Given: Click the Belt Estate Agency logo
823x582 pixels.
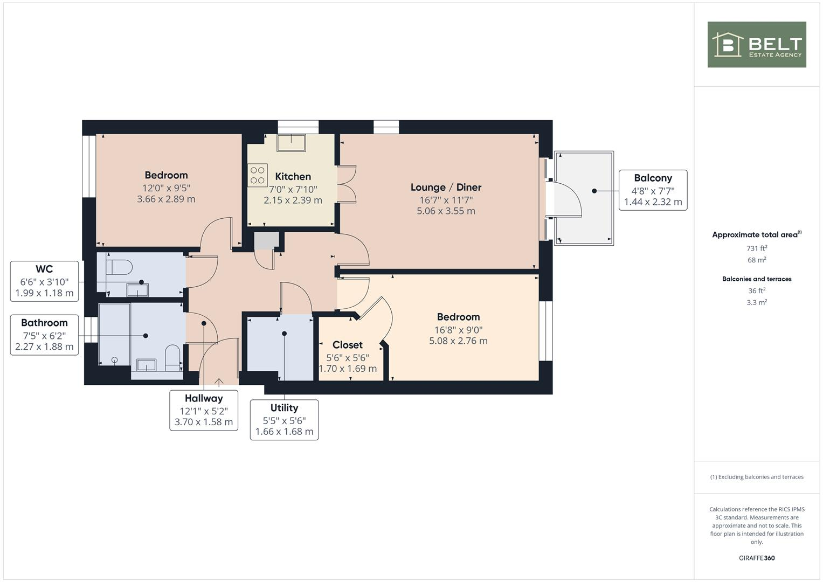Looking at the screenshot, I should [x=756, y=45].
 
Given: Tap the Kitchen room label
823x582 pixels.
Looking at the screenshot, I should [x=293, y=177].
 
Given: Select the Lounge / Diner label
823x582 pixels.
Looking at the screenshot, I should [x=446, y=188].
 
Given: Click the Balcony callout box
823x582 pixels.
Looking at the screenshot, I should [x=653, y=190].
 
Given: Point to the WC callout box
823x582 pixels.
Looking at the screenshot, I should [x=44, y=281].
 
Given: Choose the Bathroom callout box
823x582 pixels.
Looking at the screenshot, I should [x=44, y=335].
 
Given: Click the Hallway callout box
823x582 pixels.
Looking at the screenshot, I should [x=204, y=410].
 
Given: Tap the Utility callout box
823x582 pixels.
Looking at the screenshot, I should [x=284, y=420].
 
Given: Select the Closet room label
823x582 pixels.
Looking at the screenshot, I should [x=348, y=345].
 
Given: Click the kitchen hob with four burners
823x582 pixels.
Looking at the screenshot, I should [x=257, y=175].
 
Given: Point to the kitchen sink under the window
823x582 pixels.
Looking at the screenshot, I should [x=291, y=143].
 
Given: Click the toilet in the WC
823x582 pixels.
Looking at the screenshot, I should [x=120, y=267].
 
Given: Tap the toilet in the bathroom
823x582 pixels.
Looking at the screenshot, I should [x=172, y=356].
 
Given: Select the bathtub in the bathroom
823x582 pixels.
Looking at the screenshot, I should [x=114, y=335].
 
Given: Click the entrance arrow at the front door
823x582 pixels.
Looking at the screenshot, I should [x=219, y=382].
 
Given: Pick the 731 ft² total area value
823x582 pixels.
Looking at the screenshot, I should [x=757, y=248].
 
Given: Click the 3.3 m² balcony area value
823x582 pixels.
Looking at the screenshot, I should [x=757, y=303].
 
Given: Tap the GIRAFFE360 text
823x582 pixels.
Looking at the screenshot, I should [x=757, y=558].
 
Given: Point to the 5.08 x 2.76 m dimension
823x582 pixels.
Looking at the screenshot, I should [x=458, y=341].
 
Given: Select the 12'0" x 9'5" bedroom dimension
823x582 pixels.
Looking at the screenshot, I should [x=166, y=188].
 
